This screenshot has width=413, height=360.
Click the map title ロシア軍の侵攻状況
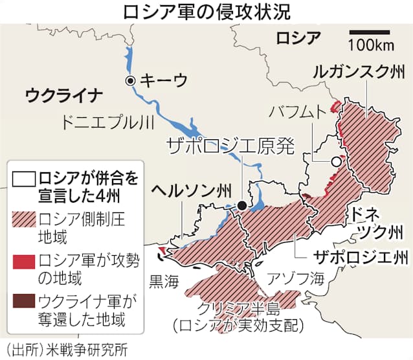click(x=206, y=12)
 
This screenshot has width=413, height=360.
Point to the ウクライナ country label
click(x=63, y=96)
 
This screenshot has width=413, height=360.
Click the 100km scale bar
click(x=370, y=31)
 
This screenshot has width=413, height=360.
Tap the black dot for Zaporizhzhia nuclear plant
click(x=241, y=205)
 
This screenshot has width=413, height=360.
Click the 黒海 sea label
click(x=163, y=280)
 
